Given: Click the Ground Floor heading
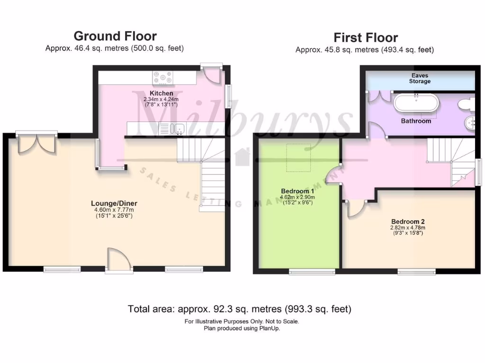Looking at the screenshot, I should coord(115,36).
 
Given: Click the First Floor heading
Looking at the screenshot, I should coord(365,37).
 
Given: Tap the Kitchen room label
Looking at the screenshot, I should coord(161,93).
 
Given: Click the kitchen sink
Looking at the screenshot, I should coord(172,128).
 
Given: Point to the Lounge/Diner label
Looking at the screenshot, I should coord(114,204).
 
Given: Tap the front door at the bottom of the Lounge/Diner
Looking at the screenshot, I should coord(118,260).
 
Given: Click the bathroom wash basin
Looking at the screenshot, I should coord(470,123).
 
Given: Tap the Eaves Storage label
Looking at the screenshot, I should coord(420,78).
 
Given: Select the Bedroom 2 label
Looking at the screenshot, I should coord(408,222).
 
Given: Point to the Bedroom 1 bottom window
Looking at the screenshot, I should coord(312,271).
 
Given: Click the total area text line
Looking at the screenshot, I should coord(239,309).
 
